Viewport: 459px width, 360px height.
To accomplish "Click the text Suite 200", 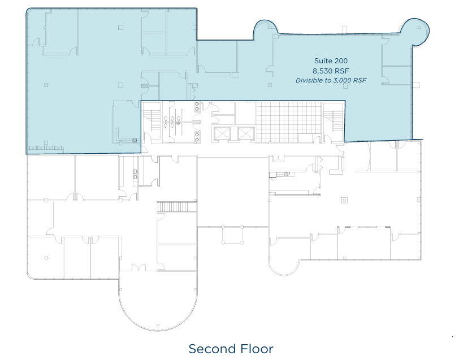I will pyautogui.click(x=331, y=60).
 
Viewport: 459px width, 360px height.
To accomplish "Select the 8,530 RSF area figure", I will pyautogui.click(x=331, y=71).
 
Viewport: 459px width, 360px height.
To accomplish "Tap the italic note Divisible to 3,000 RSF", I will pyautogui.click(x=331, y=80).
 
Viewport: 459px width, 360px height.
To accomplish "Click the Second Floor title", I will pyautogui.click(x=231, y=349).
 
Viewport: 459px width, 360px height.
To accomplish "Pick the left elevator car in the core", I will pyautogui.click(x=222, y=134).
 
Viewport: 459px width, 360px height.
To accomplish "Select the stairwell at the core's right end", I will pyautogui.click(x=334, y=120).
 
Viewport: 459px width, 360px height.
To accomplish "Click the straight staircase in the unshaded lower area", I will pyautogui.click(x=177, y=207).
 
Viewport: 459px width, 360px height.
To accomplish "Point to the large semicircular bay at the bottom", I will pyautogui.click(x=158, y=305).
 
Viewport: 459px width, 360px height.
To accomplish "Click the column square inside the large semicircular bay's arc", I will pyautogui.click(x=158, y=326).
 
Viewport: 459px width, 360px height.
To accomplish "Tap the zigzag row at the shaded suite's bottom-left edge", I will pyautogui.click(x=45, y=149).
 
